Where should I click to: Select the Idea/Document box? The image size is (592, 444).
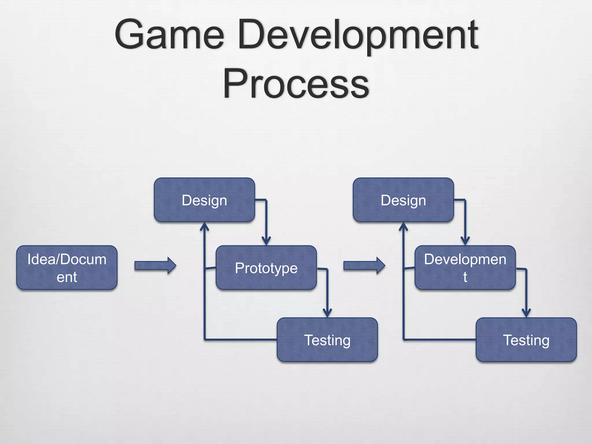67,268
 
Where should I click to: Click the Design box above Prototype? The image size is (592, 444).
204,200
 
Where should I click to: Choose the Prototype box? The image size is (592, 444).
266,268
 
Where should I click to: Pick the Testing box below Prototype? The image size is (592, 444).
327,340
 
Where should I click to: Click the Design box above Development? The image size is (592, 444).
403,200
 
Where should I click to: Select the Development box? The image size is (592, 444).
465,268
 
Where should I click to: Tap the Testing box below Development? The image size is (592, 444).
526,340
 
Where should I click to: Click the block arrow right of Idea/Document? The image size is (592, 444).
155,265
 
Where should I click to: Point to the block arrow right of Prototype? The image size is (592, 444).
364,265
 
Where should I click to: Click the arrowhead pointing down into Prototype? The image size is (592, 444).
266,241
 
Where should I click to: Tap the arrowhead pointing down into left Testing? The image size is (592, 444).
327,313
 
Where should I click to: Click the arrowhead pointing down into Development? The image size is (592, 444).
465,241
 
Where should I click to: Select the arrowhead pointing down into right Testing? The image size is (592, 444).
526,313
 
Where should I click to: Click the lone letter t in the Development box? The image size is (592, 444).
465,277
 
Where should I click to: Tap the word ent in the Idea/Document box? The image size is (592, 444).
67,277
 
